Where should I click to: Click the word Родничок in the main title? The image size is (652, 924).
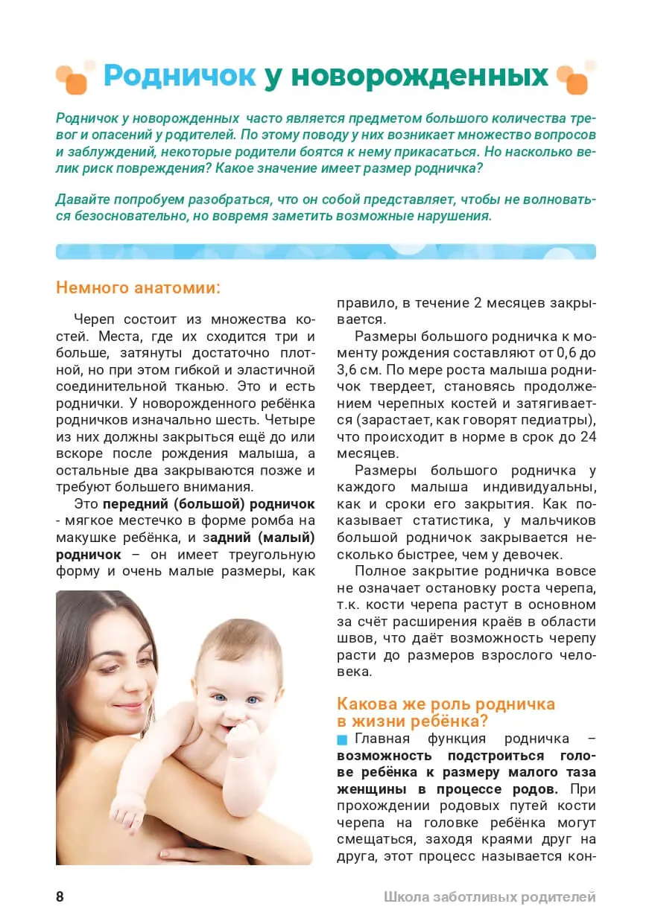pyautogui.click(x=180, y=76)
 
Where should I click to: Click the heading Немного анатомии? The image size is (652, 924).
pyautogui.click(x=139, y=287)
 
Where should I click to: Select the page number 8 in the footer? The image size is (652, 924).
pyautogui.click(x=60, y=896)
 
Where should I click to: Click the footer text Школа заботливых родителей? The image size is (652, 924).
pyautogui.click(x=490, y=896)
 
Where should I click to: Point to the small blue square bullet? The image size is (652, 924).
pyautogui.click(x=342, y=739)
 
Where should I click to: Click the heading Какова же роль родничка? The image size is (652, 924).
pyautogui.click(x=446, y=704)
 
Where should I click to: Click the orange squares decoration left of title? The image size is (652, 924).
pyautogui.click(x=73, y=77)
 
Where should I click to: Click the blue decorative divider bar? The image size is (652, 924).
pyautogui.click(x=326, y=252)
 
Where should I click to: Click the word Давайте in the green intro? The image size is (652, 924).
pyautogui.click(x=83, y=200)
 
